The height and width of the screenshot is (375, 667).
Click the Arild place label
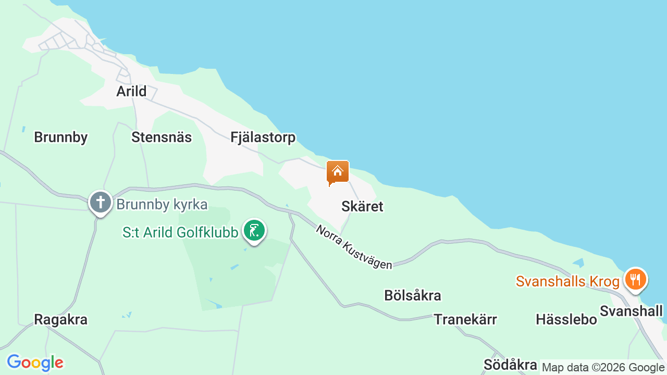click(131, 92)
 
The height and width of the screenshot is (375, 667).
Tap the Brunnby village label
click(60, 137)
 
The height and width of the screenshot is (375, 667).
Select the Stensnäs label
click(162, 137)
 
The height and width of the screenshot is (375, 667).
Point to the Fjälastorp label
click(263, 137)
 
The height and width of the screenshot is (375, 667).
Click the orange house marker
click(337, 172)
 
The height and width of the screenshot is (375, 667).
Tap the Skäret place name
click(362, 206)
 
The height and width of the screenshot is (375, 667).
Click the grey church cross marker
click(100, 202)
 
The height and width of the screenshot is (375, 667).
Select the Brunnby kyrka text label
click(162, 204)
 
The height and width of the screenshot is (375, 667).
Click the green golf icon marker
click(254, 231)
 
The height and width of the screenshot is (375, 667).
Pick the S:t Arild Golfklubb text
click(180, 232)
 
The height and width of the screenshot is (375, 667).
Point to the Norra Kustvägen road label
click(354, 247)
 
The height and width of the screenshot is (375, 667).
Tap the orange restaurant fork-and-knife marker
click(635, 279)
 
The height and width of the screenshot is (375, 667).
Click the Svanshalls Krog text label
click(567, 282)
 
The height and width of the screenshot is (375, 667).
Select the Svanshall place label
click(631, 311)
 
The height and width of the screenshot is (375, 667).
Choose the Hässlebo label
click(566, 319)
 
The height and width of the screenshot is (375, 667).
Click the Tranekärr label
click(465, 319)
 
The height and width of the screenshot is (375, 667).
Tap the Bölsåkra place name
click(412, 295)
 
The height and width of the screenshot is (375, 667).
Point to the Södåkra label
click(510, 365)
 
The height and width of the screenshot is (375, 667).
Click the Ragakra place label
click(60, 319)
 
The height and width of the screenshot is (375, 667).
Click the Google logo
click(35, 362)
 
